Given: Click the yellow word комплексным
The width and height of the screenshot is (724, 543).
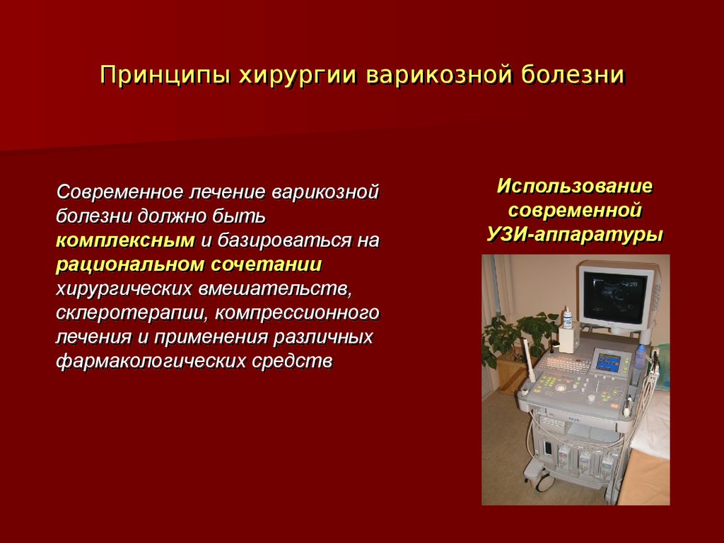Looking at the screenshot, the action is (x=125, y=241).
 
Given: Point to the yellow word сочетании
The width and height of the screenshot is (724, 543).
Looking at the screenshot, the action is (x=267, y=265).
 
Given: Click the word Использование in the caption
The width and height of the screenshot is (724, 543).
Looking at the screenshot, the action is (x=575, y=187).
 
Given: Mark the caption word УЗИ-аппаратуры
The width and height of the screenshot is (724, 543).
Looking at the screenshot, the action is (x=575, y=235).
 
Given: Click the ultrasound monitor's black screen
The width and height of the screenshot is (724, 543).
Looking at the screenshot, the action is (x=613, y=296).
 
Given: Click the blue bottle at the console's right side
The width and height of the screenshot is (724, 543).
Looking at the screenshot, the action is (x=640, y=356).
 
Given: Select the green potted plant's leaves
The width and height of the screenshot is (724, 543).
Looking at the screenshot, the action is (x=515, y=339).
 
